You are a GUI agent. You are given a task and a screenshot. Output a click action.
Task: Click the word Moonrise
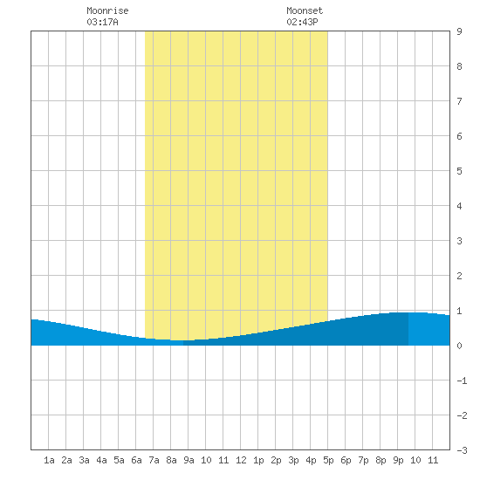107,10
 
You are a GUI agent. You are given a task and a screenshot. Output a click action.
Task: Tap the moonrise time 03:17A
103,22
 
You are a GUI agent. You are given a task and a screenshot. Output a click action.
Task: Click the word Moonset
305,10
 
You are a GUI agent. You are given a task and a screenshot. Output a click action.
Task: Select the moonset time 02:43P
302,22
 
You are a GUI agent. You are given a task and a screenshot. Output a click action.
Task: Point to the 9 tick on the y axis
459,31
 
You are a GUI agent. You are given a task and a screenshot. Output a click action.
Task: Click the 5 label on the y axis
459,171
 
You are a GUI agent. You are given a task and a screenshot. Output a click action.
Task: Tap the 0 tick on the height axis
459,346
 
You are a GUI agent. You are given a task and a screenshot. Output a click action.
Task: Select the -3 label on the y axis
463,450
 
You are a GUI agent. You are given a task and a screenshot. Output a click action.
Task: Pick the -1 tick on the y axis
463,381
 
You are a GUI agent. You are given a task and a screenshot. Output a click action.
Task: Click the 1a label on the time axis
49,460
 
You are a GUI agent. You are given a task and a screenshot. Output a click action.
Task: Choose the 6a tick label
136,460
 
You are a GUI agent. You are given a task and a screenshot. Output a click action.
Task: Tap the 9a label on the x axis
189,460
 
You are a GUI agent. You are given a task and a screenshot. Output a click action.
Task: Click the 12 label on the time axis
241,460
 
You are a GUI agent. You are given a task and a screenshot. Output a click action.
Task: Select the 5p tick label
328,460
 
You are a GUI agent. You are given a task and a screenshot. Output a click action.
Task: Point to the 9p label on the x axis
398,460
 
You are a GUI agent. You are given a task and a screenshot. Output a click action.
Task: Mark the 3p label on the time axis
293,460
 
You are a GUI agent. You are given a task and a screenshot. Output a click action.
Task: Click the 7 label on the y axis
459,101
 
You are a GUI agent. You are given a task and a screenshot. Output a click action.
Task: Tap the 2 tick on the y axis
459,276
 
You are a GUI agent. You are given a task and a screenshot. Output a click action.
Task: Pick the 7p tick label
363,460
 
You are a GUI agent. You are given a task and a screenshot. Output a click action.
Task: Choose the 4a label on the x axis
101,460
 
